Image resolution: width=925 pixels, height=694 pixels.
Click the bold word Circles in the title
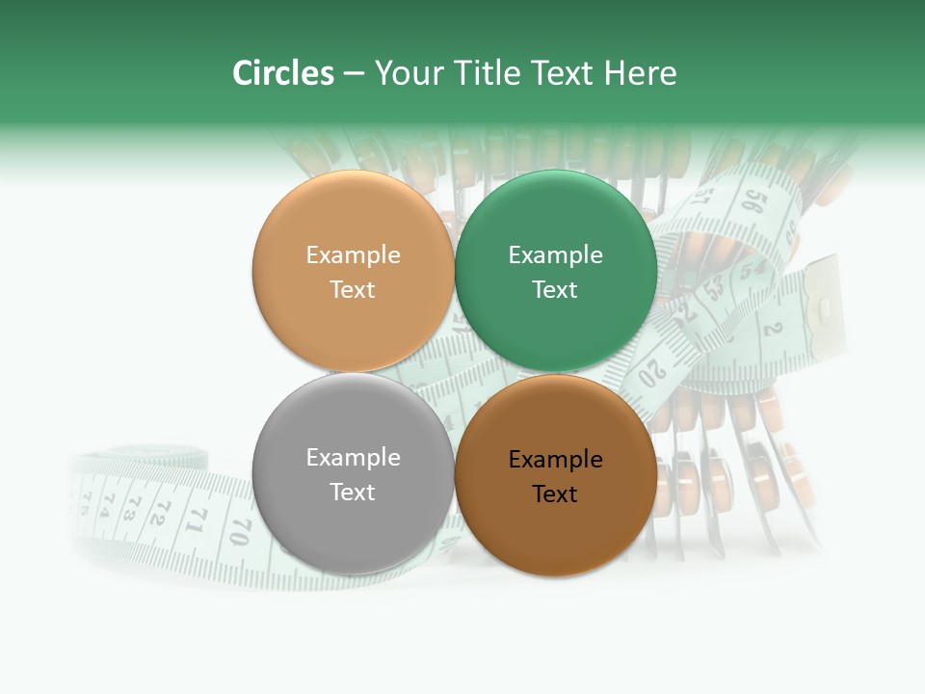[283, 73]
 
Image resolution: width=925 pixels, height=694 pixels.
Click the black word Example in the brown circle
[555, 460]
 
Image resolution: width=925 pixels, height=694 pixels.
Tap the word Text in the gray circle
[353, 492]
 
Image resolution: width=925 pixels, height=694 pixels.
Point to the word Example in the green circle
[555, 255]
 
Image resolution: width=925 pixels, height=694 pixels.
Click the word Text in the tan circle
[353, 289]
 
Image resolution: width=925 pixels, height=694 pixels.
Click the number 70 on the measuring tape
[240, 531]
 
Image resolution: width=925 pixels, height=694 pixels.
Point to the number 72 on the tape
[158, 511]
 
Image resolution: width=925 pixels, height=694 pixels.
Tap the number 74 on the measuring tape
[107, 501]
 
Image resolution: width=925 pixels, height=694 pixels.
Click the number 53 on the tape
[715, 286]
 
